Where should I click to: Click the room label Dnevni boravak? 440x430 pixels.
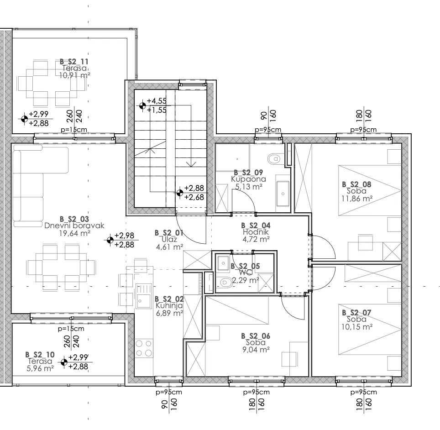(74, 225)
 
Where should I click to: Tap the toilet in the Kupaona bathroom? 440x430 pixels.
(274, 159)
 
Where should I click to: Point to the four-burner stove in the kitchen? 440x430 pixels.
(144, 348)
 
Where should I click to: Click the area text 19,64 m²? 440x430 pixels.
(75, 233)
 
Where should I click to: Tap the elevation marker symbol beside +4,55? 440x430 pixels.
(142, 105)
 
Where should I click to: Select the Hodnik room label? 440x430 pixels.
(256, 232)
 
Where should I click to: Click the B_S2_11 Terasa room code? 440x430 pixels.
(74, 62)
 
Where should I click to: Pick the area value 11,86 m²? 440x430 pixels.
(357, 199)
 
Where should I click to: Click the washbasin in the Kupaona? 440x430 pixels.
(283, 194)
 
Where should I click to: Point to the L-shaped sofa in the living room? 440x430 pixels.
(37, 185)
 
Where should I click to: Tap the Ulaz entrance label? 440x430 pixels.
(169, 239)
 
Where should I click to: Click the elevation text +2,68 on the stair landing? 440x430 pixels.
(194, 197)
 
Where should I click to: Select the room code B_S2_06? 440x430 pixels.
(256, 336)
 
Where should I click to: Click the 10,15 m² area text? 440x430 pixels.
(357, 327)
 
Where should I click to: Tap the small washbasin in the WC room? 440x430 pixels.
(223, 263)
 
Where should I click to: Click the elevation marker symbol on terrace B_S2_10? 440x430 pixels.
(64, 362)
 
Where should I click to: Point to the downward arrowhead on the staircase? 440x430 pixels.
(191, 164)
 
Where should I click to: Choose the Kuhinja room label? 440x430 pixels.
(169, 306)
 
